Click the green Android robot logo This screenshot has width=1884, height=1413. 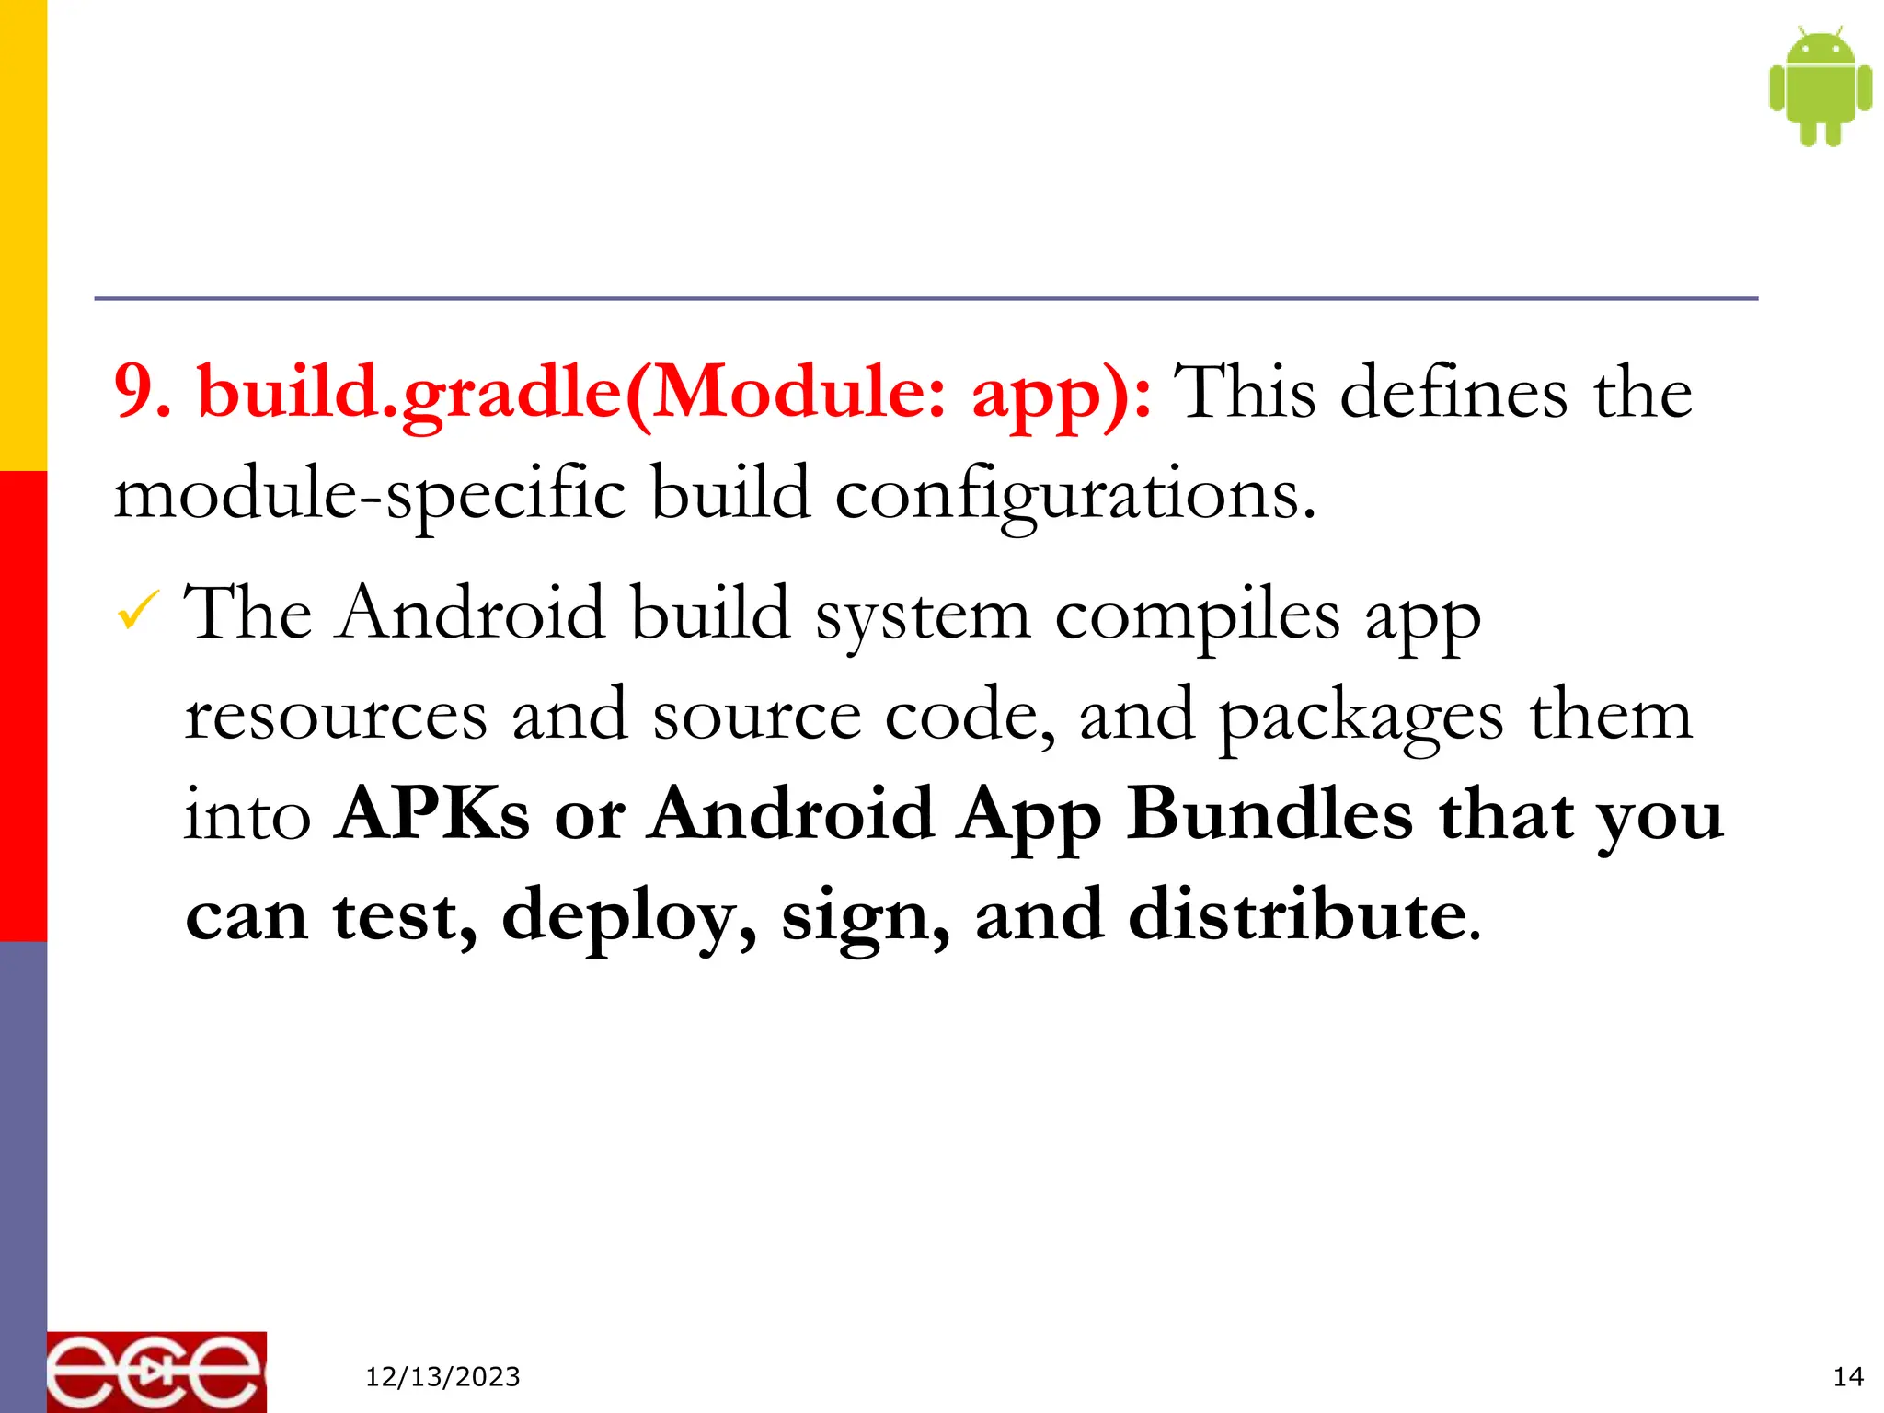coord(1820,86)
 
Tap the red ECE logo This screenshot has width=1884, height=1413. coord(156,1372)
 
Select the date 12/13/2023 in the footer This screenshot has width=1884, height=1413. coord(442,1377)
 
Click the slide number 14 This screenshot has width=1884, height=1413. coord(1847,1377)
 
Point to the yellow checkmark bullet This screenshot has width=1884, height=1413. coord(138,611)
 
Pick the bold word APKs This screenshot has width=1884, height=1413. coord(432,813)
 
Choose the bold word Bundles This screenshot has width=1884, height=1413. coord(1269,813)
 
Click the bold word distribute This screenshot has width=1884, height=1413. coord(1297,914)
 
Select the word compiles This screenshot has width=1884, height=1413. coord(1197,615)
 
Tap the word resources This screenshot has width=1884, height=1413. coord(336,715)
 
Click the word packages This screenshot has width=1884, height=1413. coord(1361,717)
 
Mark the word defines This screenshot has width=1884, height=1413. coord(1453,392)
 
